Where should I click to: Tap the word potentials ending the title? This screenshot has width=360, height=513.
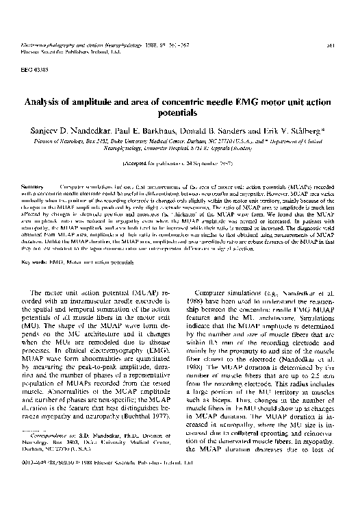(179, 115)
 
